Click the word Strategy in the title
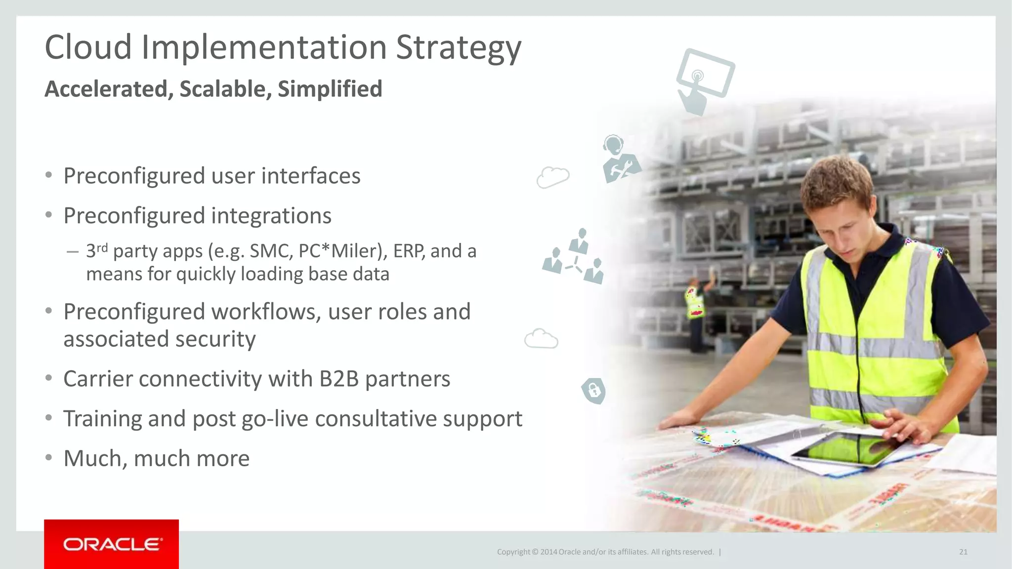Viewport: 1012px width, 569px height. [x=458, y=48]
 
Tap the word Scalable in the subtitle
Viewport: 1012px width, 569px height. [x=225, y=89]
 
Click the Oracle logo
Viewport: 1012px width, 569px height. [x=112, y=544]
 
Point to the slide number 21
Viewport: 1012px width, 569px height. [x=963, y=552]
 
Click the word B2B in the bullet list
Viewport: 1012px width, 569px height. [x=338, y=379]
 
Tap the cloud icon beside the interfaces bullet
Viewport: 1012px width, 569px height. [x=553, y=177]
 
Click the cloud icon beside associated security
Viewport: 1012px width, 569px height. [x=541, y=339]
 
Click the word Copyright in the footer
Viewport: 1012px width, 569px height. [x=513, y=552]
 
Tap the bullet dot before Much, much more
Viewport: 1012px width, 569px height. [x=48, y=458]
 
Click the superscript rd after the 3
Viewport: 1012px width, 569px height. [x=102, y=247]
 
